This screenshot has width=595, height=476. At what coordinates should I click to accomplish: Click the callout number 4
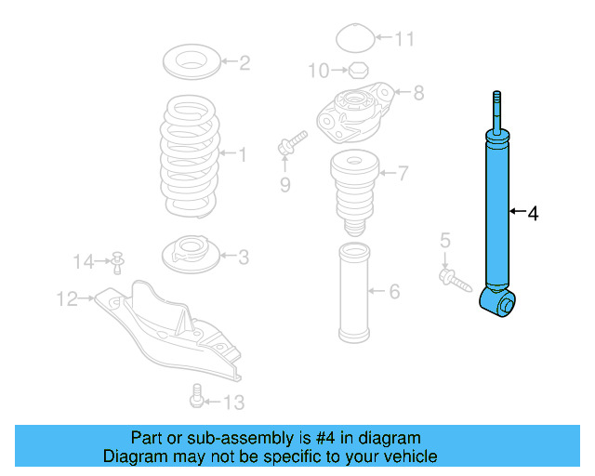click(533, 215)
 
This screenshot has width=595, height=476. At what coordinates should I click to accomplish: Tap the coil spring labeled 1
click(192, 153)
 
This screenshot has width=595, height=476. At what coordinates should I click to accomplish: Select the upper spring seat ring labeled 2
click(193, 64)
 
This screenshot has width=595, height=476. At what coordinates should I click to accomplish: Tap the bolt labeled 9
click(290, 144)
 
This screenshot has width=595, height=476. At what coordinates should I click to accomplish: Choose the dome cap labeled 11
click(353, 40)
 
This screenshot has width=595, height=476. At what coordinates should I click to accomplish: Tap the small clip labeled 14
click(118, 262)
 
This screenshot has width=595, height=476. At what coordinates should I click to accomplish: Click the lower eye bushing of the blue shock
click(503, 303)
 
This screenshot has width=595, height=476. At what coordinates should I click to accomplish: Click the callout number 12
click(67, 298)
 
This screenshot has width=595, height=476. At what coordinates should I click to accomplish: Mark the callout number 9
click(286, 185)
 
